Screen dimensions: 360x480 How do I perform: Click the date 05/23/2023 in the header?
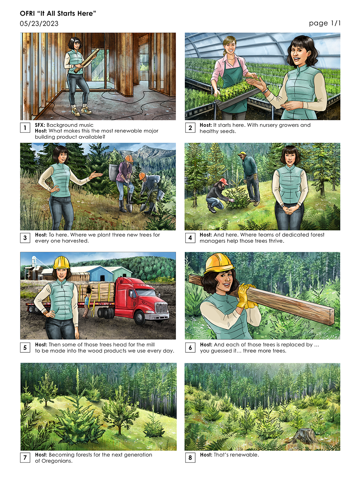39,24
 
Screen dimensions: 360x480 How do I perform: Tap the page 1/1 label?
324,23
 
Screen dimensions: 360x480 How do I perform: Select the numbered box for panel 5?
25,348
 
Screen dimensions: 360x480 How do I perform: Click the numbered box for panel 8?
190,458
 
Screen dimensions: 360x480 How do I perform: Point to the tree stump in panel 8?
304,436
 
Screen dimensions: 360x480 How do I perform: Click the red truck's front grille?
161,308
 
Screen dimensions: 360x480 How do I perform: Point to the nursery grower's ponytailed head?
230,46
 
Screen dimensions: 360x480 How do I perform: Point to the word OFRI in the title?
27,14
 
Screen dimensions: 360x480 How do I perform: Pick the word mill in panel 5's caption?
150,345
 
